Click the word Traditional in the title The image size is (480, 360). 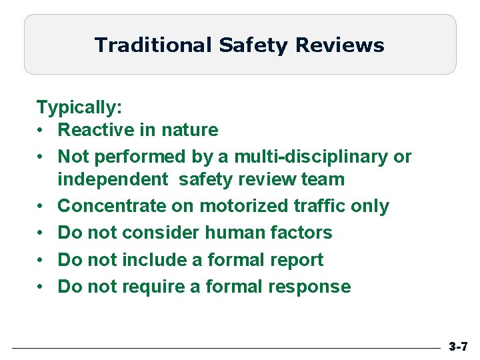(x=153, y=45)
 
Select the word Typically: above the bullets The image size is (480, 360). (x=77, y=107)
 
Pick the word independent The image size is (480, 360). (x=113, y=179)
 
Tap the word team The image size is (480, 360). (x=323, y=179)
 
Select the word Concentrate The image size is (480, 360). (x=112, y=206)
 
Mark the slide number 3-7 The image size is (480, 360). (x=458, y=347)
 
